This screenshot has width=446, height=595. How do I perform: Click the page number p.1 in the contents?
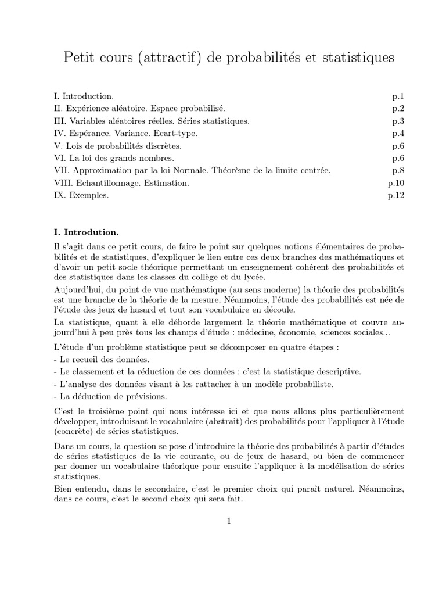click(x=398, y=96)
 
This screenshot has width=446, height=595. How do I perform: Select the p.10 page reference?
click(x=395, y=183)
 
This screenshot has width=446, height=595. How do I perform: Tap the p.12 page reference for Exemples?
click(x=395, y=196)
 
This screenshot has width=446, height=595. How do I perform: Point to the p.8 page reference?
click(x=398, y=171)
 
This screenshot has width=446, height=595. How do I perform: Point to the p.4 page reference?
click(x=398, y=133)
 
